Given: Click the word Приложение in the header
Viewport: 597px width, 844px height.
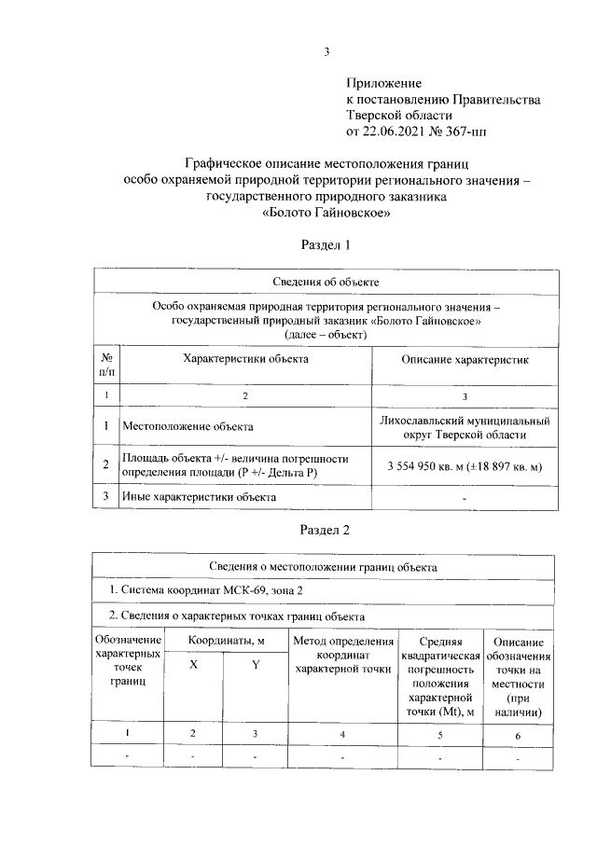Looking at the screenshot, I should click(384, 84).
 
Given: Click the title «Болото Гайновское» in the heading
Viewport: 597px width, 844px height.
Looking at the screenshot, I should click(326, 213).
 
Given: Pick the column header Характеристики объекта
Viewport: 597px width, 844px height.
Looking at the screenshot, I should click(245, 358).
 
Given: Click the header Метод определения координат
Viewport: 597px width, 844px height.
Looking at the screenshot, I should click(342, 655).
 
